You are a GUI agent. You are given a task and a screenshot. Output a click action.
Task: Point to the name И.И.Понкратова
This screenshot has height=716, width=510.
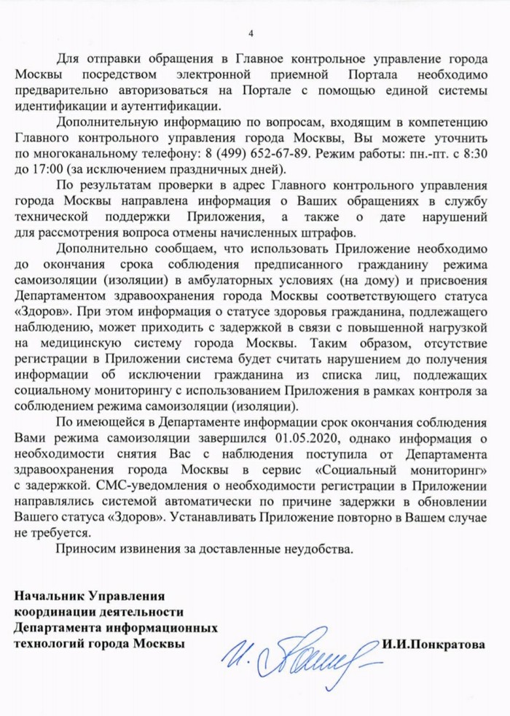[433, 645]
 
